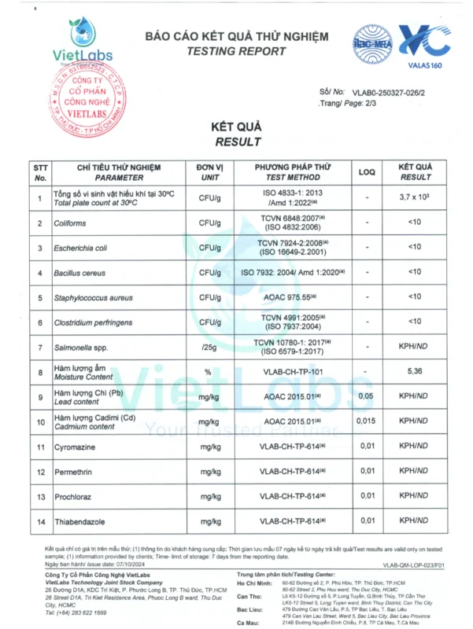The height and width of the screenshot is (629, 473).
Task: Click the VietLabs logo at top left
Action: (80, 41)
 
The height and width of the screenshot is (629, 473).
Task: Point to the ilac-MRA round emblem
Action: (371, 40)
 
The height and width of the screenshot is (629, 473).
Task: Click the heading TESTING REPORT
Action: (235, 52)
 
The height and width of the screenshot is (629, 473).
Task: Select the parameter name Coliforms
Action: (70, 223)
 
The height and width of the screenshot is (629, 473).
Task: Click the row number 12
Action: (40, 470)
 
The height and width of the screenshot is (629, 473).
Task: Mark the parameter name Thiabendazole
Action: (82, 520)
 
